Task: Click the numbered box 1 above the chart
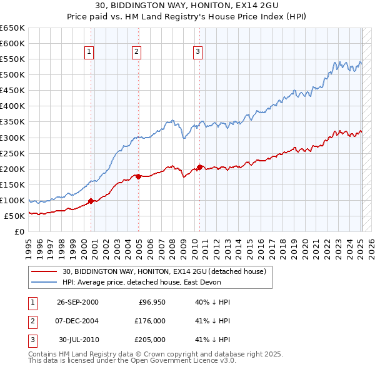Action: (89, 53)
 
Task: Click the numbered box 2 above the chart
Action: (136, 53)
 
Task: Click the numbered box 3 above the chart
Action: (197, 53)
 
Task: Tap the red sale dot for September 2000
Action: (91, 201)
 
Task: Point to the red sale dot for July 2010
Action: (199, 167)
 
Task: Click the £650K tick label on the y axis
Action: (12, 28)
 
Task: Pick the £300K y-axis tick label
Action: (12, 138)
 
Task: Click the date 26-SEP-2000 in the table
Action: (77, 302)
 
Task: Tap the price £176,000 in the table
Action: (149, 321)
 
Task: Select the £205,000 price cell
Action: (149, 340)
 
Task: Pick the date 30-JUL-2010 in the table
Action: (77, 340)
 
